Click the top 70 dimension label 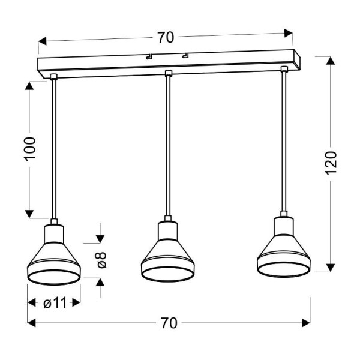click(166, 38)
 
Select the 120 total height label click(331, 163)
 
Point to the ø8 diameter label click(101, 260)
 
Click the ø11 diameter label click(55, 303)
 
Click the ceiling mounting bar click(168, 64)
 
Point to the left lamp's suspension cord click(54, 150)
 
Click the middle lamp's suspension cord click(168, 147)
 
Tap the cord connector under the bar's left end click(54, 76)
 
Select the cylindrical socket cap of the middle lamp click(167, 229)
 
